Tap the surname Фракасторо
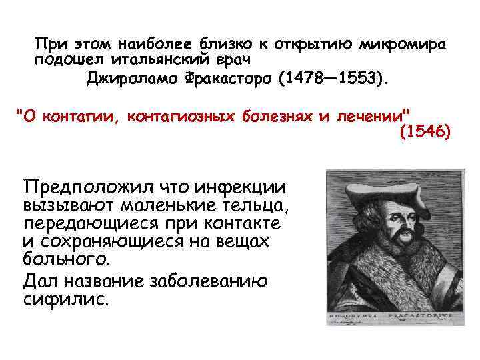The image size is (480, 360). click(x=229, y=79)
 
